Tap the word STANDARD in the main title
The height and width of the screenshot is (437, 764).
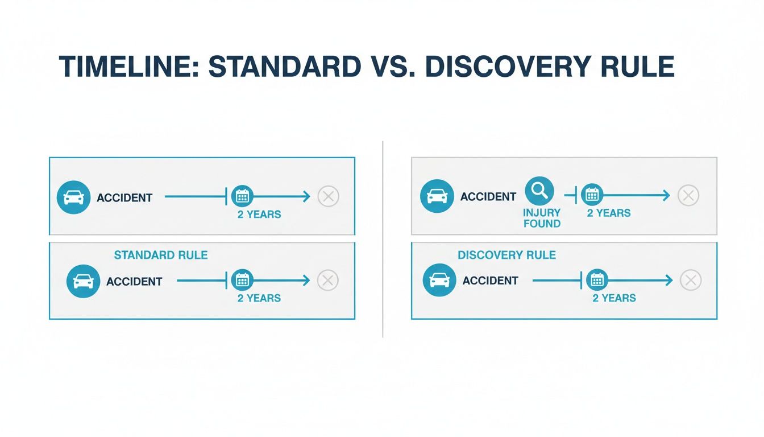point(284,68)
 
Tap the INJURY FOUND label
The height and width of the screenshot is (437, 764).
point(542,218)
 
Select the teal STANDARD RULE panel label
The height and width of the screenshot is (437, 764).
point(161,255)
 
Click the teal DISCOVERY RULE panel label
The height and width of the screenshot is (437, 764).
point(506,255)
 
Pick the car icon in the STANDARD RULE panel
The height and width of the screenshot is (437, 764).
point(83,281)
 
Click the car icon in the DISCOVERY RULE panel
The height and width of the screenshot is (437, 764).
point(440,280)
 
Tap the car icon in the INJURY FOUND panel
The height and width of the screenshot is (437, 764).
point(436,196)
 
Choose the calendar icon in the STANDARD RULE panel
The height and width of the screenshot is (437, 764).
point(243,280)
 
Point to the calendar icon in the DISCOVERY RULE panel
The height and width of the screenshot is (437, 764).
point(597,280)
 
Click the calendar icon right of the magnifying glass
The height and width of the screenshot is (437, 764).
point(592,195)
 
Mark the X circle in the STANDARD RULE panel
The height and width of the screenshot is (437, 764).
point(327,280)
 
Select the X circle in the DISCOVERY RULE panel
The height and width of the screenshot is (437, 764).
point(690,280)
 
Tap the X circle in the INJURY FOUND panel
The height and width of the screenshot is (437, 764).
point(688,196)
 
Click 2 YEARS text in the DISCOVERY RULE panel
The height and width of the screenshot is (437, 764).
point(614,298)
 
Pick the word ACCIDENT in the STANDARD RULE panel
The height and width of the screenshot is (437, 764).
point(134,282)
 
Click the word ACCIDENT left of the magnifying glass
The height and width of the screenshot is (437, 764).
point(488,197)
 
